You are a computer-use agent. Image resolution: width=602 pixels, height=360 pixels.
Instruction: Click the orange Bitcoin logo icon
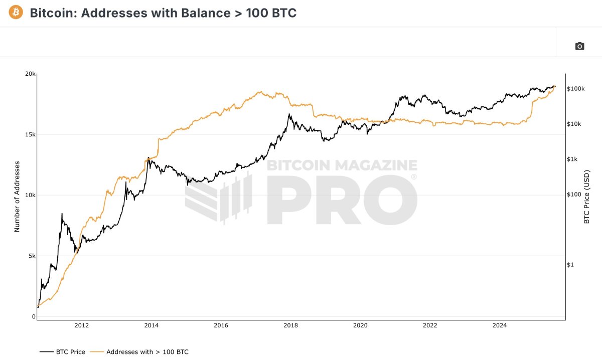tap(16, 13)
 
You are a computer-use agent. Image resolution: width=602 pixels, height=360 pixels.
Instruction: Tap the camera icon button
tap(579, 46)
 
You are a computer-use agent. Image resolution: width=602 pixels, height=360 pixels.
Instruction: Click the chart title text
tap(163, 13)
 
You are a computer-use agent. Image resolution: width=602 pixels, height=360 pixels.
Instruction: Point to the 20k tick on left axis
tap(30, 74)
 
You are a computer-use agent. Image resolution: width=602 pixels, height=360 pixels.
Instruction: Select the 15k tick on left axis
tap(30, 134)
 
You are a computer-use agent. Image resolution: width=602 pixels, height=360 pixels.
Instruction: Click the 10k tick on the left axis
tap(30, 195)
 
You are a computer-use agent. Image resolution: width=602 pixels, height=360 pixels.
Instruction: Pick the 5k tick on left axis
tap(31, 256)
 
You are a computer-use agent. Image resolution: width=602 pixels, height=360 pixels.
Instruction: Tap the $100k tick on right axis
tap(575, 89)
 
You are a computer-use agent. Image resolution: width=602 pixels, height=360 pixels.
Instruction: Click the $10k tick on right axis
tap(574, 124)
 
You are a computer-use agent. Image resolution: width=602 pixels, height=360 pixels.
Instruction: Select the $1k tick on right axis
tap(572, 159)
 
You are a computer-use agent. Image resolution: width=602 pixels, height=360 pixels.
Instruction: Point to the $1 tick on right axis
tap(570, 264)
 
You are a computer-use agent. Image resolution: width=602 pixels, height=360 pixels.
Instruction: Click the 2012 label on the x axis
tap(82, 325)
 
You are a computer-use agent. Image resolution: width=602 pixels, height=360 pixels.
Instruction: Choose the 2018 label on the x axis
tap(290, 325)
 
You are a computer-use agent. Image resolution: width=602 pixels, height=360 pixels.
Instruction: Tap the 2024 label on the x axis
tap(500, 325)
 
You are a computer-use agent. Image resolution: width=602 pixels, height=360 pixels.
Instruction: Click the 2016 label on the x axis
tap(221, 325)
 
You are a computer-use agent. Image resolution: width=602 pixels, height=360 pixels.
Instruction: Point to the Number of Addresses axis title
tap(17, 196)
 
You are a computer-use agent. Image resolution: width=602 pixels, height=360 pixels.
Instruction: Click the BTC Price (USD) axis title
tap(586, 196)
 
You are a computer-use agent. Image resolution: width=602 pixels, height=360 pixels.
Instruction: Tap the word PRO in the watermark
tap(341, 199)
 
